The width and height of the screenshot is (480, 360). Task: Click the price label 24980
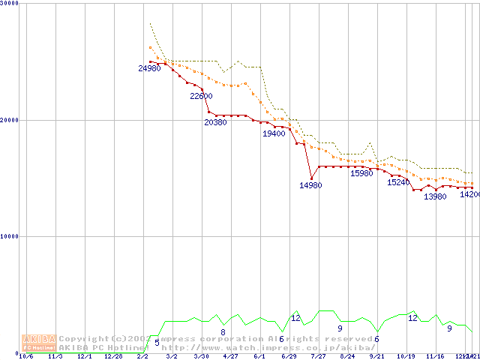tap(149, 68)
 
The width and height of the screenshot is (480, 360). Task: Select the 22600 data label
tap(201, 96)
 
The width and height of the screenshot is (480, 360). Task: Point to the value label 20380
tap(215, 122)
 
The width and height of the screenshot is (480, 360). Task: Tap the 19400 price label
tap(274, 133)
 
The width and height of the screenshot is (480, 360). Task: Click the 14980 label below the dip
tap(310, 185)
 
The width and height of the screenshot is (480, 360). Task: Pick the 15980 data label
tap(361, 173)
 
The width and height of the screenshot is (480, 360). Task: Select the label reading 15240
tap(398, 182)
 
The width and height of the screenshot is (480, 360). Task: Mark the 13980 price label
tap(435, 196)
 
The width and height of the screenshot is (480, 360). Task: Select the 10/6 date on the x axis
tap(26, 357)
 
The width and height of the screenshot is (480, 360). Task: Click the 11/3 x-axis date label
tap(55, 357)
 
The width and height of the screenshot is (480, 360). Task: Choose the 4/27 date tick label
tap(231, 357)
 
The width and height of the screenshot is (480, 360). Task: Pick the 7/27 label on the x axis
tap(319, 357)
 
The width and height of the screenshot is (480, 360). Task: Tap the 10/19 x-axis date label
tap(406, 357)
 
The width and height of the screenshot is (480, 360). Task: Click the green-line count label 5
tap(157, 343)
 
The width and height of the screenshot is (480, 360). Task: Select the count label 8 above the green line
tap(223, 331)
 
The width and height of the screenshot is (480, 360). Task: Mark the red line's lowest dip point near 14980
tap(311, 178)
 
